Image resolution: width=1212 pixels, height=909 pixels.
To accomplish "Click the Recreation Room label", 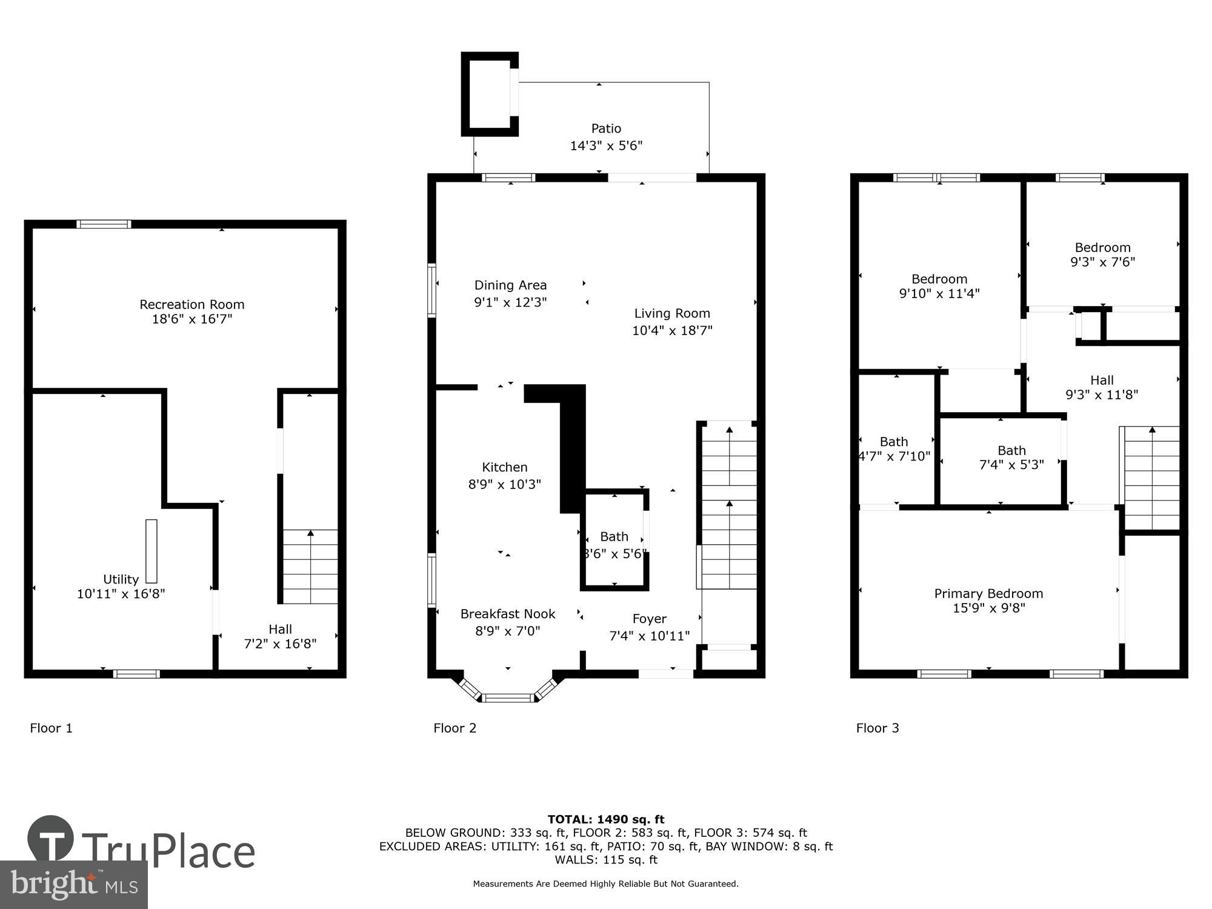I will pos(191,304).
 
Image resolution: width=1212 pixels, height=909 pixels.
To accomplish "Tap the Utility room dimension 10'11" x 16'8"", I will pos(121,594).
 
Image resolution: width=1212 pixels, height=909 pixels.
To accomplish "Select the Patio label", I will pos(606,128).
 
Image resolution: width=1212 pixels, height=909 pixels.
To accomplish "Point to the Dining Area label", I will pos(510,285).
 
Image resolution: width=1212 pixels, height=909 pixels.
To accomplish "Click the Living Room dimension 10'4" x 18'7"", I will pos(672,330).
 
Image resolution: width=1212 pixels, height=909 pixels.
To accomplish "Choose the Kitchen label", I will pos(504,467).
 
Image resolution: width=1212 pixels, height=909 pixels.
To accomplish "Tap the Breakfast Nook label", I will pos(508,614).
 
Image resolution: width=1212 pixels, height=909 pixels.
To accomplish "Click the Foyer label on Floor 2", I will pos(649,619).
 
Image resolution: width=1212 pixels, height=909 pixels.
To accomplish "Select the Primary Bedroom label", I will pos(988,593).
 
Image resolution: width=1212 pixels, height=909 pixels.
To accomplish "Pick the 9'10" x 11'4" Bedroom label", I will pos(939,279).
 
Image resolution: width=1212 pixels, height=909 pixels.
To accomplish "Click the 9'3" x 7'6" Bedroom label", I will pos(1102,247).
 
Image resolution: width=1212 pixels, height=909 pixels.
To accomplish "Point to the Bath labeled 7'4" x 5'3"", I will pos(1011,450).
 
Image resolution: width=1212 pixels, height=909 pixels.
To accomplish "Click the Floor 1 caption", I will pos(51,728).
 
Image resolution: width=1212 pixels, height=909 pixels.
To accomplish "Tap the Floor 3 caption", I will pos(877,728).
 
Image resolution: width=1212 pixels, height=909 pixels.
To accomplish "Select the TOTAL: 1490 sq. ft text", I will pos(606,819).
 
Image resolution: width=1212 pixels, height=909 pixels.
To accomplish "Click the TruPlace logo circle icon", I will pos(50,839).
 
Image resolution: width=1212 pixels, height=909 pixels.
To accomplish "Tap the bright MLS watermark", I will pos(73,884).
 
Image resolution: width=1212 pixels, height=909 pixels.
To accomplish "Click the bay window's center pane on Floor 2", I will pos(508,698).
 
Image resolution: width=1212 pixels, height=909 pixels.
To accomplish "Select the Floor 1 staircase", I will pos(310,567).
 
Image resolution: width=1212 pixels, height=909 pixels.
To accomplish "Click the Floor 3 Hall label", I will pos(1102,380).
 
